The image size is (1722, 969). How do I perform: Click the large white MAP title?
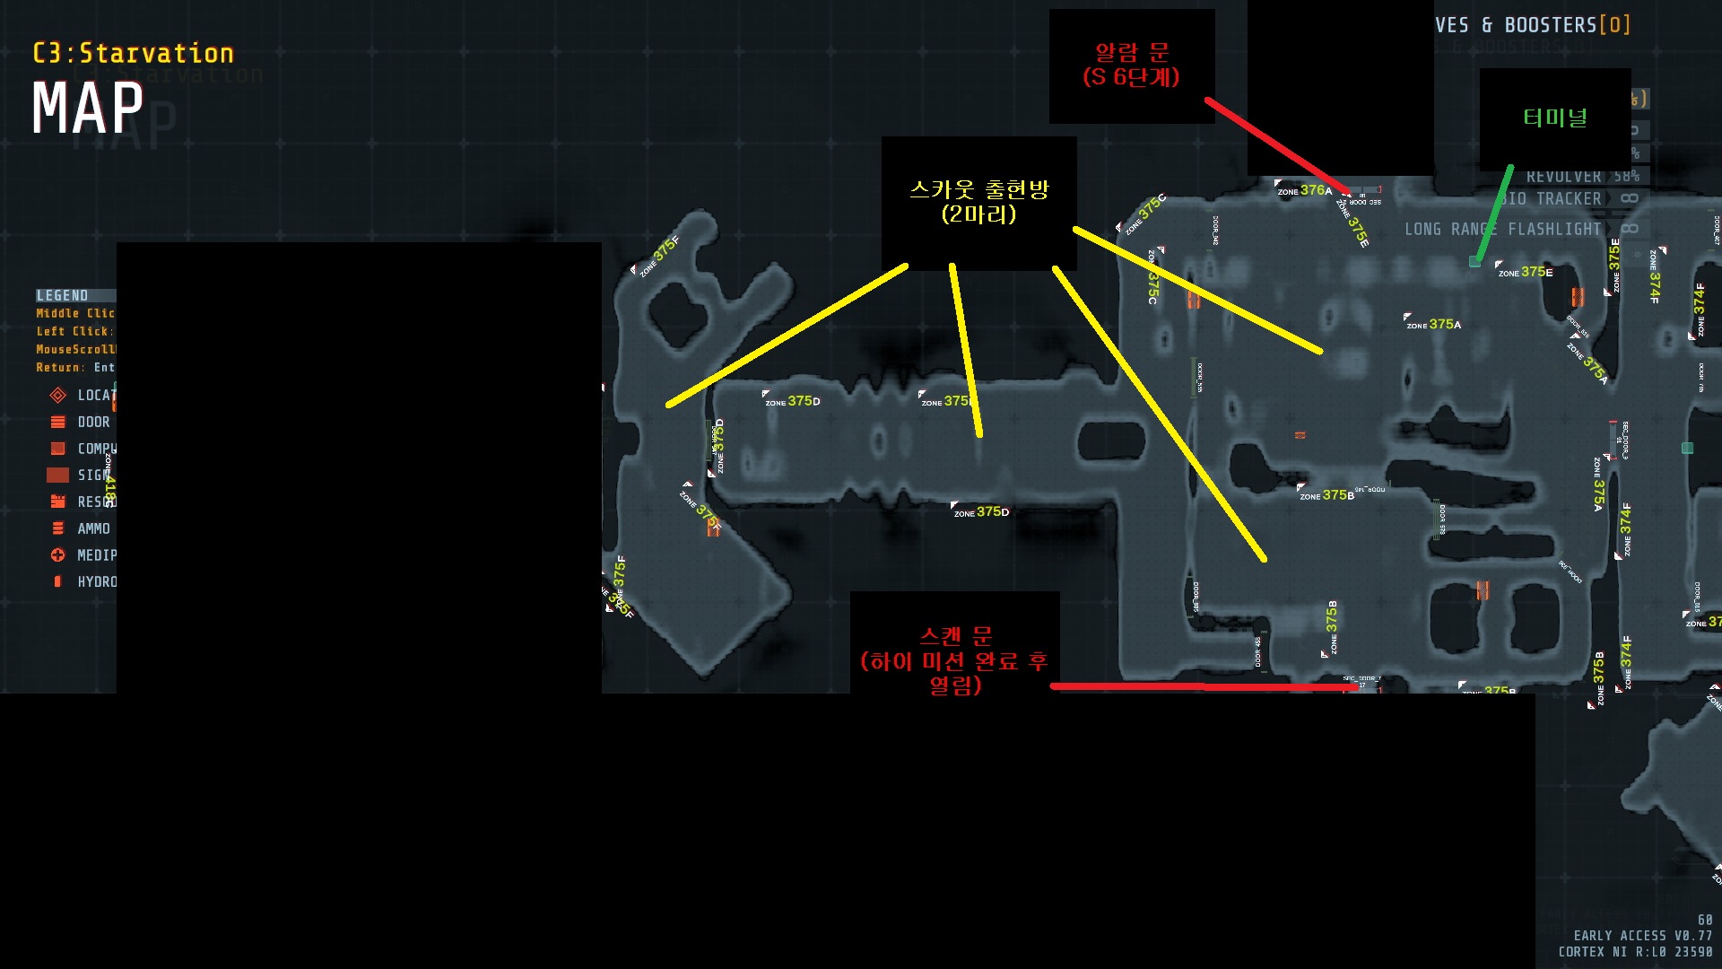(88, 109)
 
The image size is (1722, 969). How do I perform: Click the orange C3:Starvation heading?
(134, 54)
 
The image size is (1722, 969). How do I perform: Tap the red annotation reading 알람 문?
(1131, 53)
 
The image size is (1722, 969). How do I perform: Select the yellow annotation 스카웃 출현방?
(978, 190)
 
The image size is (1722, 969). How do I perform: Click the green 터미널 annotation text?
(1554, 118)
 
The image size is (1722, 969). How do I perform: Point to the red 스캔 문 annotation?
(955, 637)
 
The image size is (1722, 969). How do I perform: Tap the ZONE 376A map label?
(1305, 191)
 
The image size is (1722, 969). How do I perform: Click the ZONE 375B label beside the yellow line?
(1327, 495)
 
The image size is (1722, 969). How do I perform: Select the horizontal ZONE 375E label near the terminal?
(1526, 272)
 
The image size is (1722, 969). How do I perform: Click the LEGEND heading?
(63, 295)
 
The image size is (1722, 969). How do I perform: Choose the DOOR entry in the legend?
(93, 422)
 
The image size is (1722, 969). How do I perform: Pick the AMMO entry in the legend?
(93, 528)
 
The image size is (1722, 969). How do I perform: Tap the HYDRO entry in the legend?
(97, 581)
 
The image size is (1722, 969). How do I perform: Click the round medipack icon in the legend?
(58, 555)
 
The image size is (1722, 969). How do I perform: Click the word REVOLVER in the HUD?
(1563, 177)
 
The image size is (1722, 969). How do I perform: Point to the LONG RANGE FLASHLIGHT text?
(1502, 230)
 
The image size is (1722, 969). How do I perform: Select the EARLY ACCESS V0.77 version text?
(1642, 935)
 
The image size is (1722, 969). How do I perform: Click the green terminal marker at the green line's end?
(1474, 261)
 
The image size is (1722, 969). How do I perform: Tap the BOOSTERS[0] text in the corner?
(1567, 25)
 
